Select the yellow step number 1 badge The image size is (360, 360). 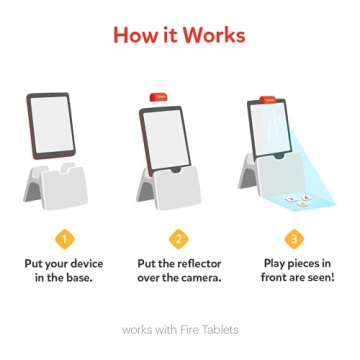[65, 238]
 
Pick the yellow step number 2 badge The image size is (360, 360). [179, 238]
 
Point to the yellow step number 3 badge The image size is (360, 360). [293, 238]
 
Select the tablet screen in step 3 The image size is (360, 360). [271, 129]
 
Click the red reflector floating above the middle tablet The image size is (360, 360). [158, 96]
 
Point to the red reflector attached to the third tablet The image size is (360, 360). [269, 99]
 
